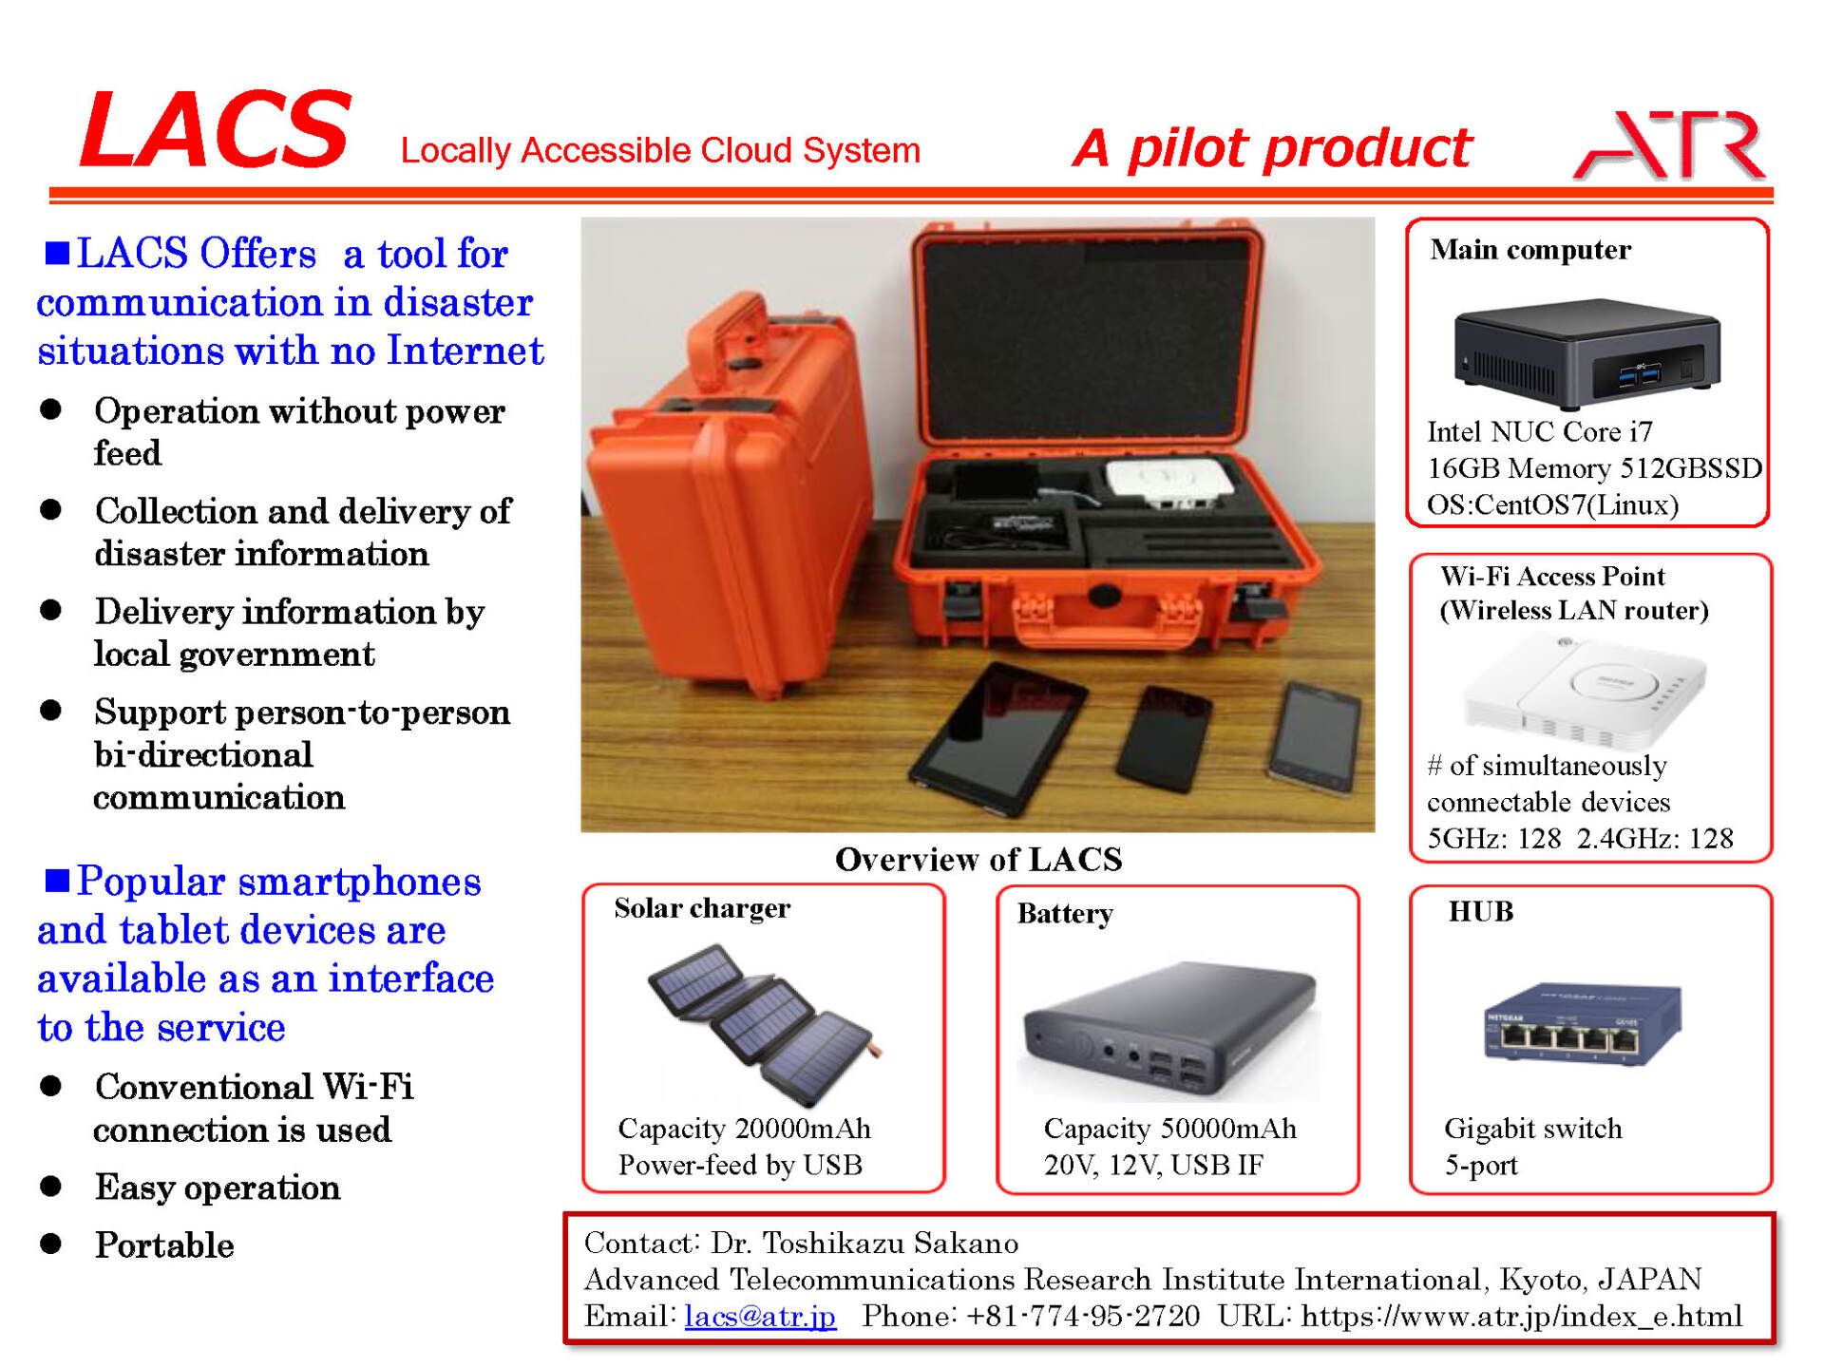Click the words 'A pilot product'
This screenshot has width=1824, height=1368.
pyautogui.click(x=1271, y=148)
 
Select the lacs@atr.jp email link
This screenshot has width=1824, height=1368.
pyautogui.click(x=760, y=1316)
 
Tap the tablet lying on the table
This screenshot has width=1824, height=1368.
pyautogui.click(x=997, y=736)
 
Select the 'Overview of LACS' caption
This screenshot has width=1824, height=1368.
pyautogui.click(x=978, y=859)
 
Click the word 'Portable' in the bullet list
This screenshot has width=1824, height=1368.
pyautogui.click(x=164, y=1244)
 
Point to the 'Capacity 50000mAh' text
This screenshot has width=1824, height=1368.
pyautogui.click(x=1169, y=1129)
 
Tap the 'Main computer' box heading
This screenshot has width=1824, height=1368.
pyautogui.click(x=1530, y=250)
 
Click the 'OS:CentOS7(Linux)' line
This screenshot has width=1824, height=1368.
pyautogui.click(x=1552, y=504)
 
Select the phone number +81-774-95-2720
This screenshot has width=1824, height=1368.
pyautogui.click(x=1082, y=1316)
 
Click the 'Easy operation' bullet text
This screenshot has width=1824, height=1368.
pyautogui.click(x=218, y=1187)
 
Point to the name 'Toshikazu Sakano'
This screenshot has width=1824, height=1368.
pyautogui.click(x=890, y=1243)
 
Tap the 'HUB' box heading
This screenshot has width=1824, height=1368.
pyautogui.click(x=1480, y=912)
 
